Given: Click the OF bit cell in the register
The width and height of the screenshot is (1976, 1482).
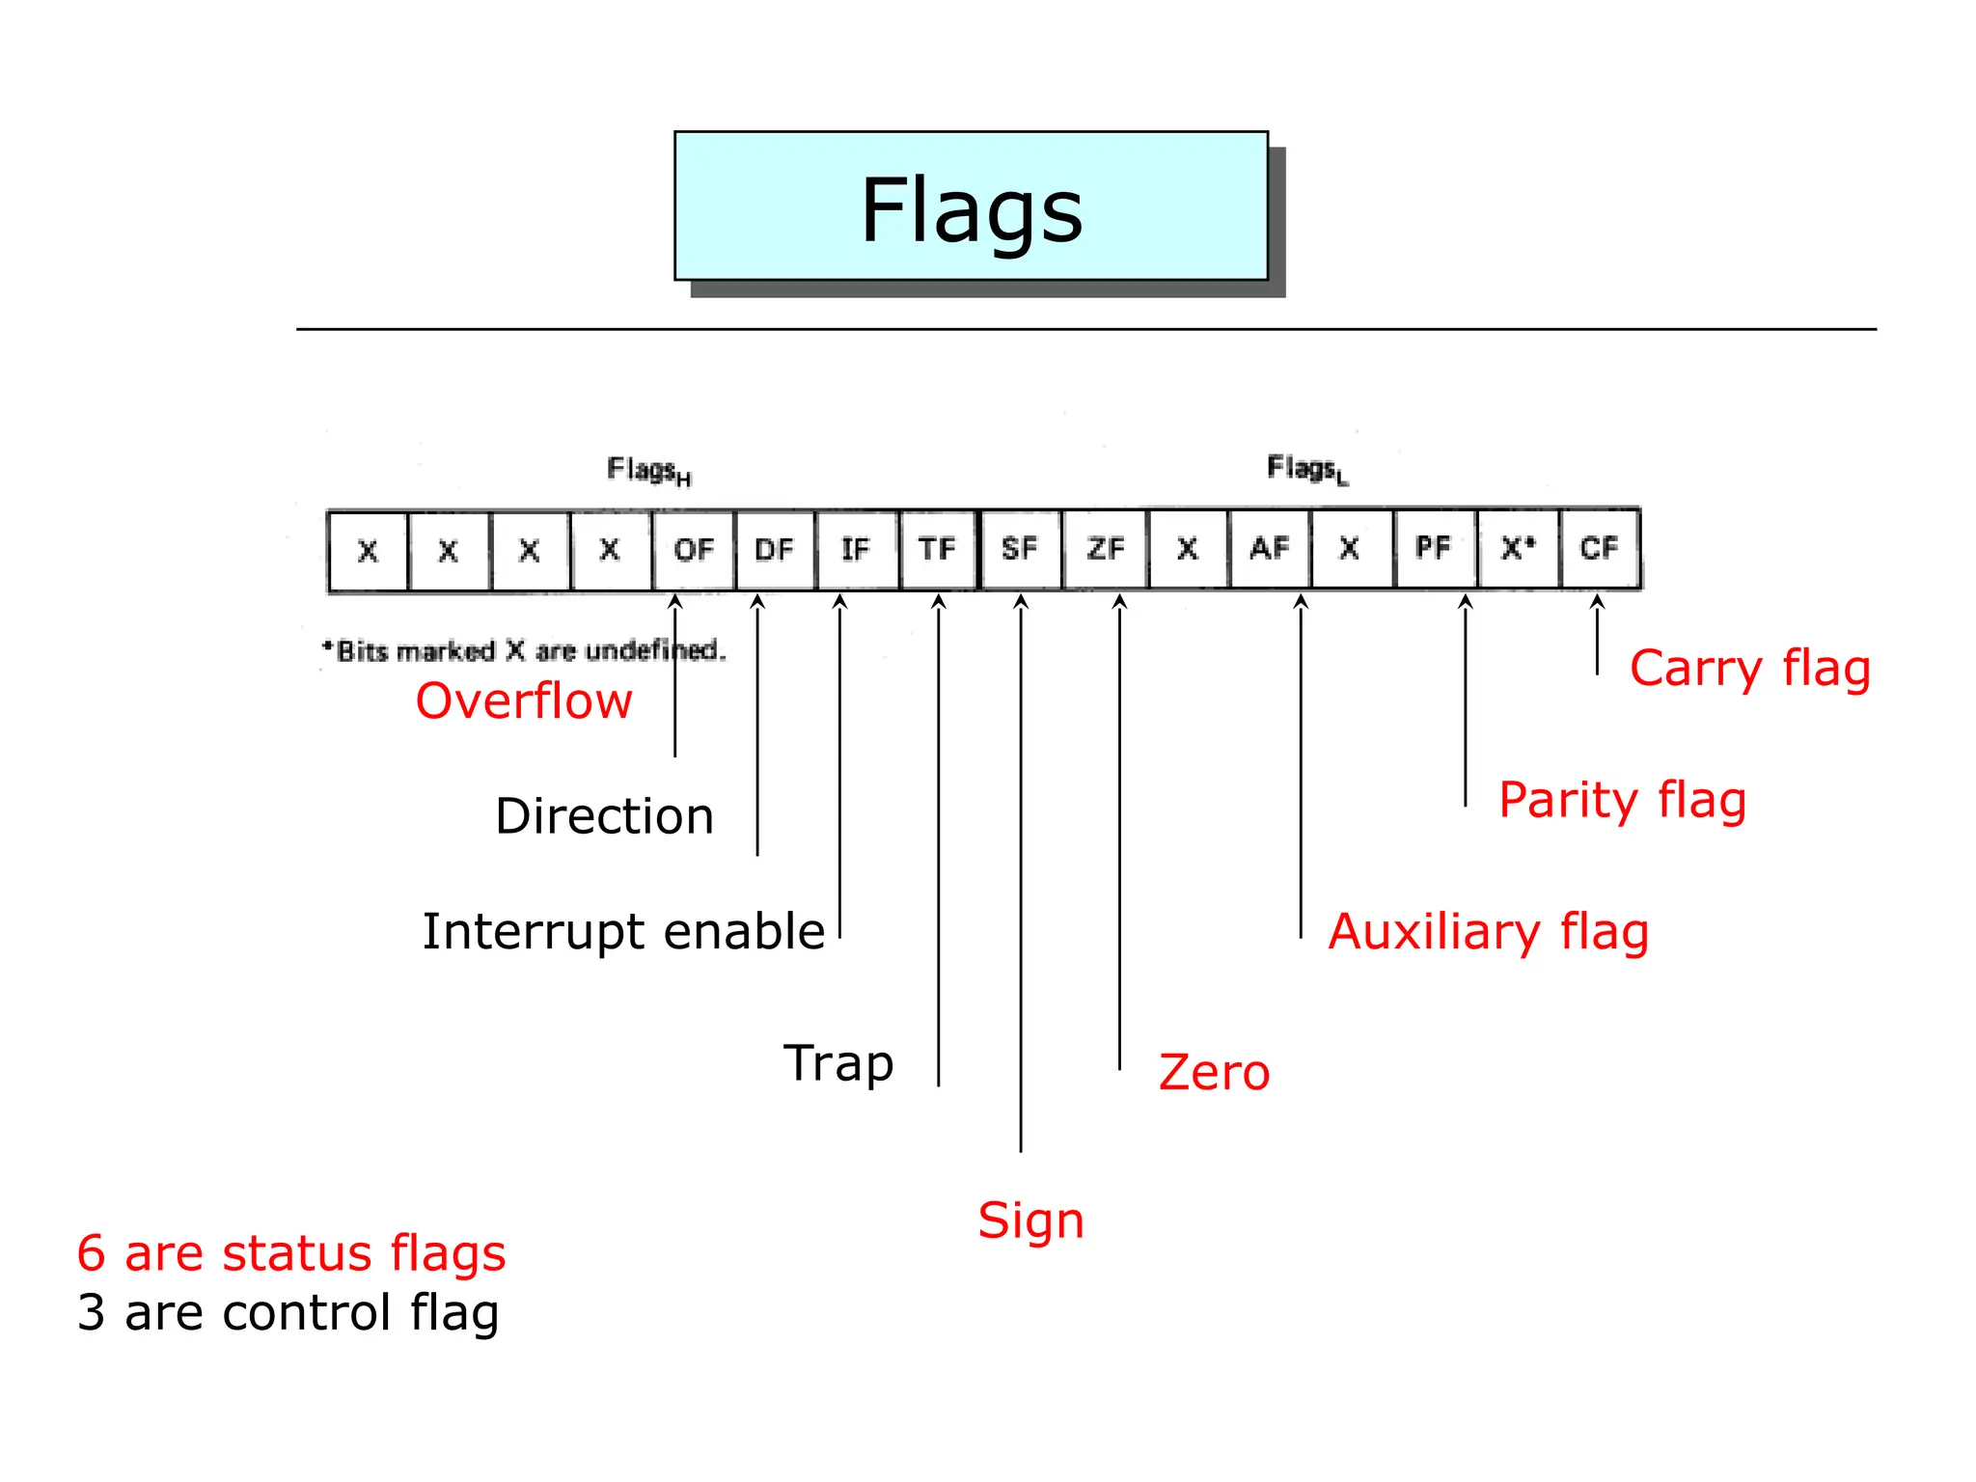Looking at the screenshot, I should [693, 550].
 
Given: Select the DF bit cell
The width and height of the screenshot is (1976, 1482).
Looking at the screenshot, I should [775, 550].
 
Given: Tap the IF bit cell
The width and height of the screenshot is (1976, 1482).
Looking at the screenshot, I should [856, 550].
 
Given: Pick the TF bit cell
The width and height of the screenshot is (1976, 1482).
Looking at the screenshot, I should [938, 549].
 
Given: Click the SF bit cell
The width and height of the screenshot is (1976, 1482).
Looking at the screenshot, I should [1020, 549].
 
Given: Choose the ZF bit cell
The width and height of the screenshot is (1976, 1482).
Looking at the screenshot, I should [1105, 549].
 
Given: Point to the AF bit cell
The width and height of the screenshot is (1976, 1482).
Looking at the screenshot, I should [1270, 549].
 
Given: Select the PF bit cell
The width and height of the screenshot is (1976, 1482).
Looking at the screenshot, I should [1434, 548].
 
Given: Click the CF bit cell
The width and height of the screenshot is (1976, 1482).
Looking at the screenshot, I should [1599, 548].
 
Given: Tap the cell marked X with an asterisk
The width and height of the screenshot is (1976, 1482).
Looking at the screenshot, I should [1518, 548].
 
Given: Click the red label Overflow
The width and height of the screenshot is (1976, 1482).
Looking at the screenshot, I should [524, 700].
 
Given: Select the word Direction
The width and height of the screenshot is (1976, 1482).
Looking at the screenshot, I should [604, 816].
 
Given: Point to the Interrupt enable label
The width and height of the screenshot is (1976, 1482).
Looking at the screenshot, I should [623, 932].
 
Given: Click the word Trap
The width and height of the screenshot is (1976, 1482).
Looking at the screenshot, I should [838, 1063].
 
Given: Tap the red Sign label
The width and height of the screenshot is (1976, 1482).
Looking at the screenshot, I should [1030, 1221].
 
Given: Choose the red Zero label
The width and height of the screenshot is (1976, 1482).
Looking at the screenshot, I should [1214, 1073].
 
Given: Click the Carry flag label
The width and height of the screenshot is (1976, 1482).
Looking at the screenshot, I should [1750, 669].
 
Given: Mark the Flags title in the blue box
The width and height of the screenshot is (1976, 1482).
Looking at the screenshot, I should [972, 210].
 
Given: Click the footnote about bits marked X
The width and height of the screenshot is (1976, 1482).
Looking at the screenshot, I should [524, 651].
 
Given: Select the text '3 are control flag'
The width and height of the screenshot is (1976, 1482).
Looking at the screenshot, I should [288, 1313].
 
